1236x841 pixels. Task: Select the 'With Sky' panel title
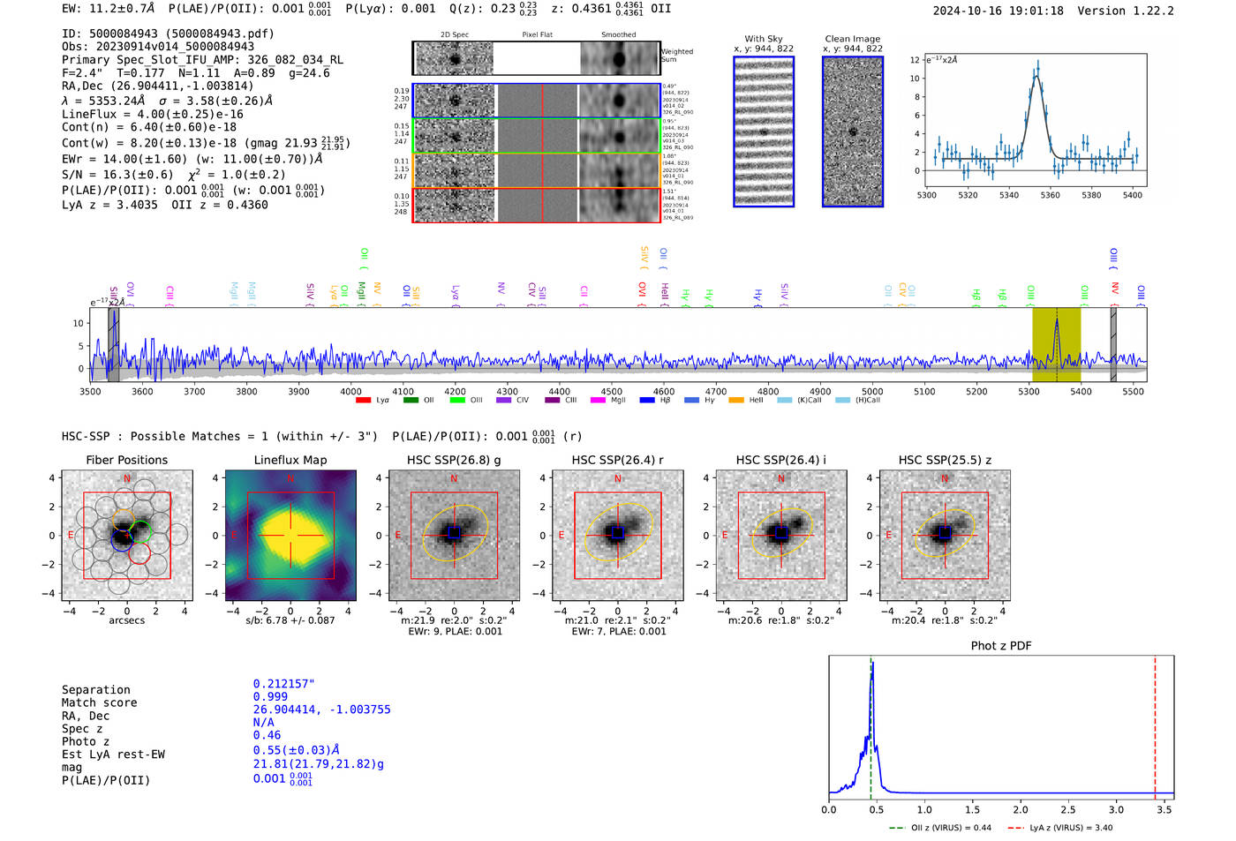(x=763, y=39)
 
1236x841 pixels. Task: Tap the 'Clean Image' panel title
(x=852, y=39)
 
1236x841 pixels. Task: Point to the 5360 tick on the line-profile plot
(x=1050, y=195)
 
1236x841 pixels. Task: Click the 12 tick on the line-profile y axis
(x=916, y=60)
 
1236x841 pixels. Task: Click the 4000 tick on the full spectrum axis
(x=350, y=392)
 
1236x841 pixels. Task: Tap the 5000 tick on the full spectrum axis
(x=872, y=392)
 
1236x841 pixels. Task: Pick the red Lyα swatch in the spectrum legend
(x=363, y=401)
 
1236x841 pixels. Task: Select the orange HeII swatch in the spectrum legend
(x=736, y=401)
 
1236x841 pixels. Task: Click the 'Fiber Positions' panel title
(x=126, y=460)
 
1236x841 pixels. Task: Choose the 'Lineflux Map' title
(x=290, y=460)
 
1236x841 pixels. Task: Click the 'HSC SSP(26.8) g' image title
(x=454, y=460)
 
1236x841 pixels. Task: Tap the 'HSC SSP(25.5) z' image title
(x=945, y=460)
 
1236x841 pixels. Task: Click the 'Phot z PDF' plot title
(x=1001, y=646)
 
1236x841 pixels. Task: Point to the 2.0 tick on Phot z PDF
(x=1020, y=809)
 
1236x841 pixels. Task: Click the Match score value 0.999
(x=269, y=697)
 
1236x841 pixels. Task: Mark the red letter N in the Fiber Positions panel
(x=127, y=479)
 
